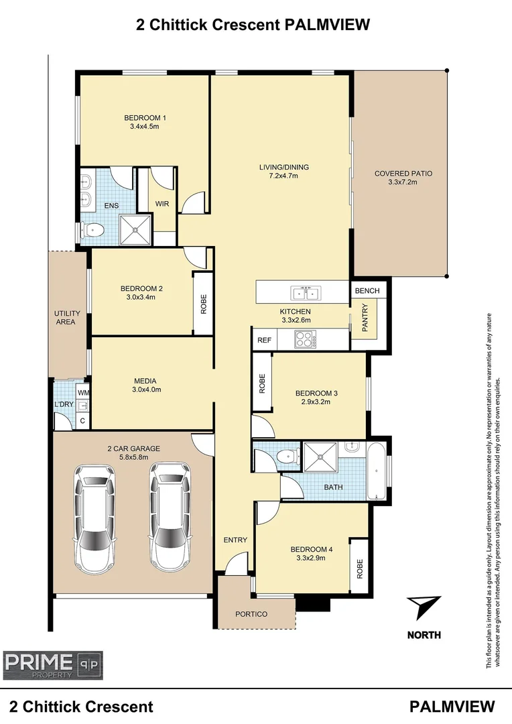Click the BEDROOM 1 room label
pos(145,118)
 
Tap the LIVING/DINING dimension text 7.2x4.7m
pos(279,176)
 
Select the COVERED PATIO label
pos(403,174)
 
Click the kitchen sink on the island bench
pos(306,293)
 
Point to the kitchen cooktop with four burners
pos(305,340)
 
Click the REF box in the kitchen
pos(264,341)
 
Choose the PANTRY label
pos(365,316)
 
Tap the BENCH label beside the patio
pos(367,290)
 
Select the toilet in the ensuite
pos(93,231)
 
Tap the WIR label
pos(162,204)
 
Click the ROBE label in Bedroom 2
pos(204,305)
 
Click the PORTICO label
pos(251,614)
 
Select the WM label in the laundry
pos(83,393)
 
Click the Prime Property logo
pos(53,663)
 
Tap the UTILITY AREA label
pos(67,318)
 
